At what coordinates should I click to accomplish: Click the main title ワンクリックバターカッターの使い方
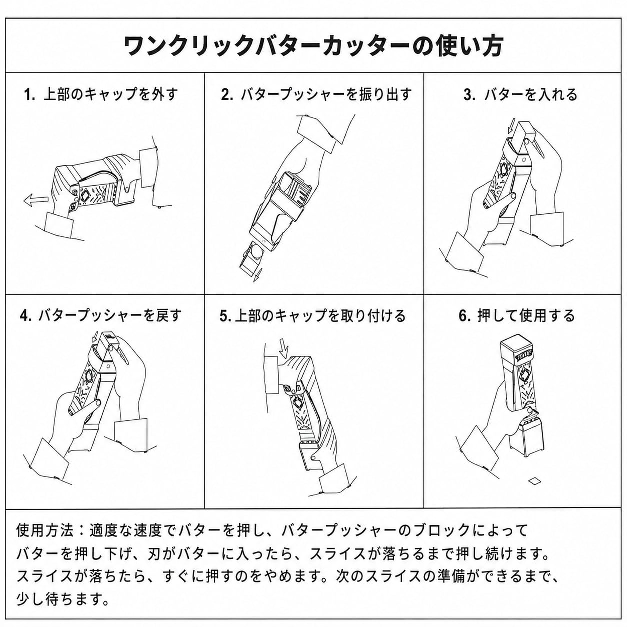click(314, 46)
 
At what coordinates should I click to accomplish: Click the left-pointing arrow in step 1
click(36, 200)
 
